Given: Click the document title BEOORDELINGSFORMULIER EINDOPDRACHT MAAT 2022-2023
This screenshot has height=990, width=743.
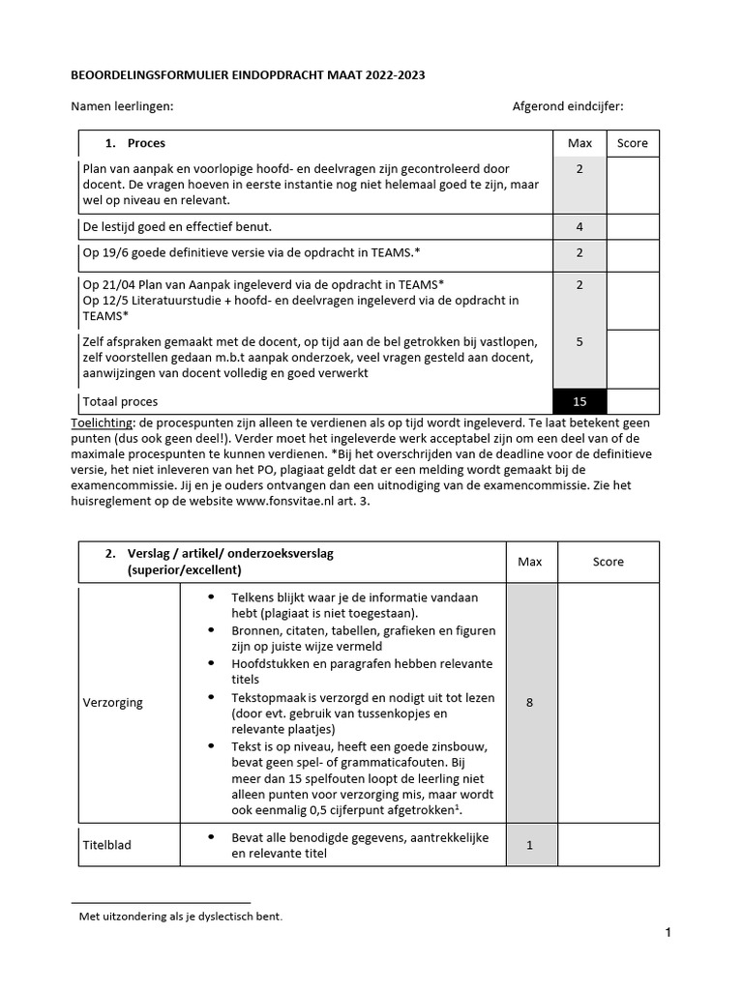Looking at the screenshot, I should point(248,74).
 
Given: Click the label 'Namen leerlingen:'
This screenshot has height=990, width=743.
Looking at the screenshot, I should point(123,107).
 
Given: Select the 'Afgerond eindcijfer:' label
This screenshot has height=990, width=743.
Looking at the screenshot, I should point(568,107).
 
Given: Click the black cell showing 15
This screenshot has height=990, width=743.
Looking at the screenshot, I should point(580,401).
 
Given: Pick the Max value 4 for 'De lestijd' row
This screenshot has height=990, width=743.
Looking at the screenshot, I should point(580,227).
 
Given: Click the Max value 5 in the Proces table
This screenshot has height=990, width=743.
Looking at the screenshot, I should point(580,341).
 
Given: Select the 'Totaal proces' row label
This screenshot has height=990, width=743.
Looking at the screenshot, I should point(121,401).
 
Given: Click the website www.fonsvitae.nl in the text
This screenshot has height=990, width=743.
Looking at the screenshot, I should point(289,502).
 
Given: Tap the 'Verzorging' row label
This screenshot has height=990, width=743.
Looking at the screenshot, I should point(113,703).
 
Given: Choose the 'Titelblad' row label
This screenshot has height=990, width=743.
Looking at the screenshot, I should point(106,845).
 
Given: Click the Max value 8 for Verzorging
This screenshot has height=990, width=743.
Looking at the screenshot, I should point(529,703).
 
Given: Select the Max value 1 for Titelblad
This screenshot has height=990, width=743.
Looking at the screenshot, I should point(529,845).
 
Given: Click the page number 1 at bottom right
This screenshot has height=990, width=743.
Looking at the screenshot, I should point(668,933).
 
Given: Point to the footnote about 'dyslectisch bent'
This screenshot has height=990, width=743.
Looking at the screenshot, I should point(180,917).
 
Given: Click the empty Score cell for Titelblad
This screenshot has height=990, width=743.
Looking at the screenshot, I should point(608,845).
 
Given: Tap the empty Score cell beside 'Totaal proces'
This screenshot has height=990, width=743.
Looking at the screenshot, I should point(633,401).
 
